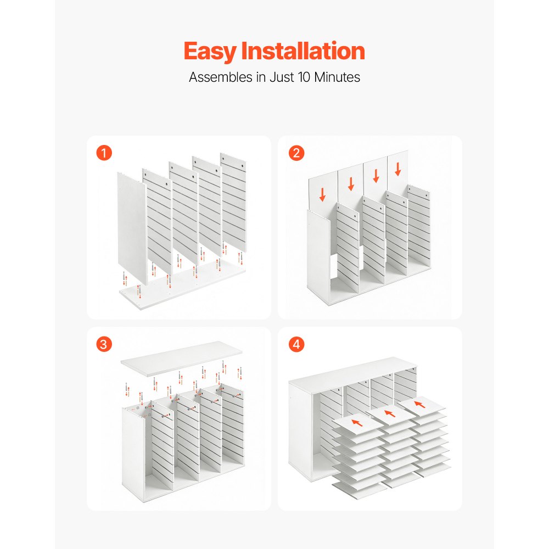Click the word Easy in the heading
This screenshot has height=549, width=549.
point(210,52)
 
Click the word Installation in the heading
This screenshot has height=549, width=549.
point(303,51)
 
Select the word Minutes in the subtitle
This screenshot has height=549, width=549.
point(337,77)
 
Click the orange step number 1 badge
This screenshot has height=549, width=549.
point(104,153)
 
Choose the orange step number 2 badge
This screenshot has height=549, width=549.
point(296,153)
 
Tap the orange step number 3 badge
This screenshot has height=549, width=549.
point(104,344)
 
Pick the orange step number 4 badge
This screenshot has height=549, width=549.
point(296,344)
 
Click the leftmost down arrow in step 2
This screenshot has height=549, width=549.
point(322,195)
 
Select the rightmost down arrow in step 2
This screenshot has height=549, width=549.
point(397,169)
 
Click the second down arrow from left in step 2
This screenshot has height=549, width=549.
point(351,184)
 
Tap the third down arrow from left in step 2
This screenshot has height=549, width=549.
point(376,176)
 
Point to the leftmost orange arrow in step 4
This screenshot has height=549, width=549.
point(357,423)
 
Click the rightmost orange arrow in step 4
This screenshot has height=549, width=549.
point(419,405)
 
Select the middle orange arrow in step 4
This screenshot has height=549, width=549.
point(390,413)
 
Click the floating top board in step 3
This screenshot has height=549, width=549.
point(181,358)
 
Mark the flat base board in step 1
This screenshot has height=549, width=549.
point(182,285)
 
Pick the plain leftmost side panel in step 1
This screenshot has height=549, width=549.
point(132,228)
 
